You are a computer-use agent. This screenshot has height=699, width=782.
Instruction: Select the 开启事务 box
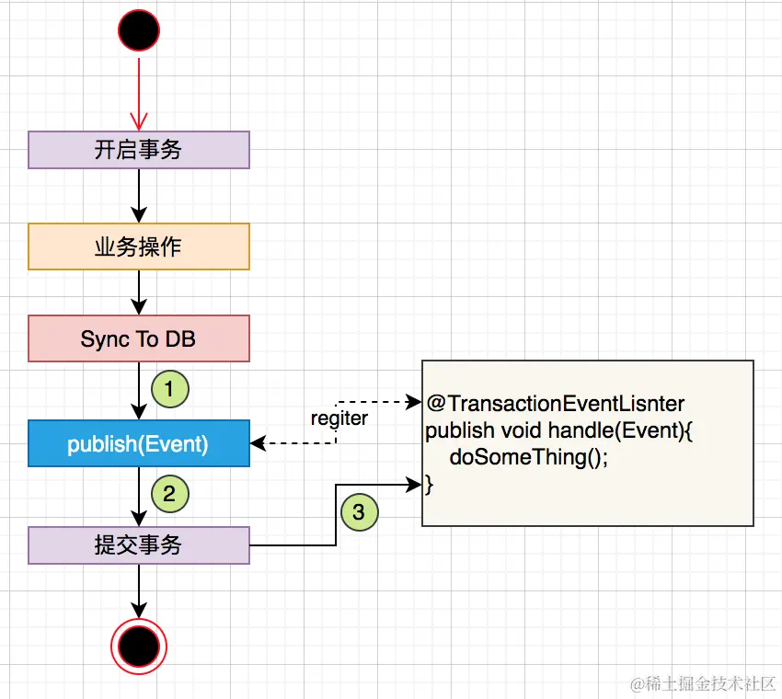(x=139, y=150)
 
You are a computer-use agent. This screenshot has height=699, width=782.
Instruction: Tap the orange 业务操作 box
(x=139, y=247)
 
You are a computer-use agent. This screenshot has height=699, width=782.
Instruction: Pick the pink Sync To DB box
(x=139, y=339)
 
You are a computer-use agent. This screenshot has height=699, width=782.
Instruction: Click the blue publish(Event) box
(x=139, y=444)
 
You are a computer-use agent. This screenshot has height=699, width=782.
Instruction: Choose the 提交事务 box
(x=139, y=545)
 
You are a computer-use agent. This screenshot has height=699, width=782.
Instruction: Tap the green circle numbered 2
(x=169, y=494)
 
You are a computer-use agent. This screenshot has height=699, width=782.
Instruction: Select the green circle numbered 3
(x=359, y=511)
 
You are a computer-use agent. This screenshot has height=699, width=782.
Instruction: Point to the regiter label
(x=339, y=418)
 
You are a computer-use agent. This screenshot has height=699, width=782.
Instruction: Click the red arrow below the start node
(x=139, y=92)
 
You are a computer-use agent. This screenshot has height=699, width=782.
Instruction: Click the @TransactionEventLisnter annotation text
(x=556, y=404)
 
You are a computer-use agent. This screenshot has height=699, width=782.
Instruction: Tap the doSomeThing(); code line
(x=528, y=458)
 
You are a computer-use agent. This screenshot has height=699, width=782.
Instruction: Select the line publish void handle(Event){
(x=558, y=430)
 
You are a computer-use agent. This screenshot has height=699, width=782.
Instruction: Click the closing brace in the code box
(x=429, y=484)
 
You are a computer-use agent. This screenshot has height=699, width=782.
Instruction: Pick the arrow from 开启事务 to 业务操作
(x=139, y=195)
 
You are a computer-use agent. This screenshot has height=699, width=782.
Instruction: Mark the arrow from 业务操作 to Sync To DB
(x=139, y=292)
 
